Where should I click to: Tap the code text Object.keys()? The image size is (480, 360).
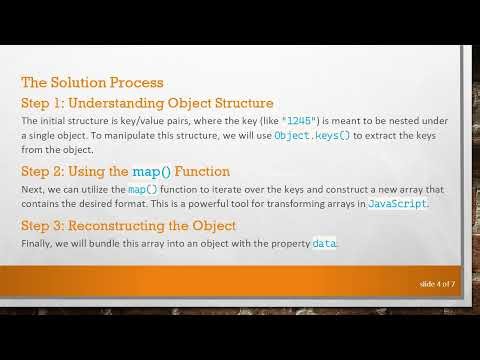tap(312, 133)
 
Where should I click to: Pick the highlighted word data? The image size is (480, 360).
tap(324, 244)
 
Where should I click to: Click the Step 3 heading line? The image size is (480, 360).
tap(128, 225)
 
